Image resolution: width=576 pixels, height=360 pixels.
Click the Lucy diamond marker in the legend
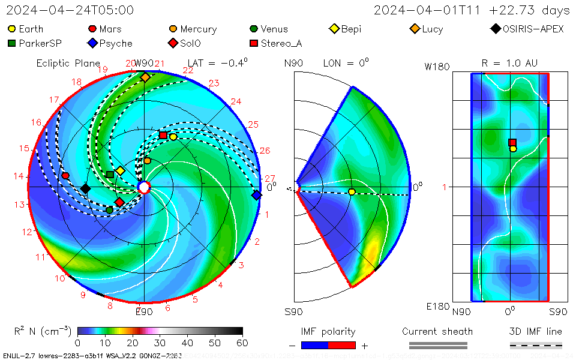415,29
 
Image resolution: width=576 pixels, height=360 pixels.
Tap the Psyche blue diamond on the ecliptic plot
257,195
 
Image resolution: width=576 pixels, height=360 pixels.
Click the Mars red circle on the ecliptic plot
65,176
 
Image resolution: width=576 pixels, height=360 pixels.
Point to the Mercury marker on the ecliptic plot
147,161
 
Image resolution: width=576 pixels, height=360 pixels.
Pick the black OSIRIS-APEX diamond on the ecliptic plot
85,189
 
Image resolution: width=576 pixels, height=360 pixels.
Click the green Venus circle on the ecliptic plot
110,210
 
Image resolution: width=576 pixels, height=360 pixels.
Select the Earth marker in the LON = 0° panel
352,192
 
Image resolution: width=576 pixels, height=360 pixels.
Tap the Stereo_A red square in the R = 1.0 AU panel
512,143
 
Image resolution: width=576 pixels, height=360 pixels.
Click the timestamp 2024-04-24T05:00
70,11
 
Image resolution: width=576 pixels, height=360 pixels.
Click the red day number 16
37,123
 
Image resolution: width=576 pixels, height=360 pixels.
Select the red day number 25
253,125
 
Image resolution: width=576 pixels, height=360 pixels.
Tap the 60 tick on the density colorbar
242,343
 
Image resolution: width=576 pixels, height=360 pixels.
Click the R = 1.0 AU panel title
509,63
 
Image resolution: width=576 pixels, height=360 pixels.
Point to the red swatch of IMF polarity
342,345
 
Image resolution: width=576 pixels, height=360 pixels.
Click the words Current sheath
437,331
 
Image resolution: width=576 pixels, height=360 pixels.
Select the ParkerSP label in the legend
40,43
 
